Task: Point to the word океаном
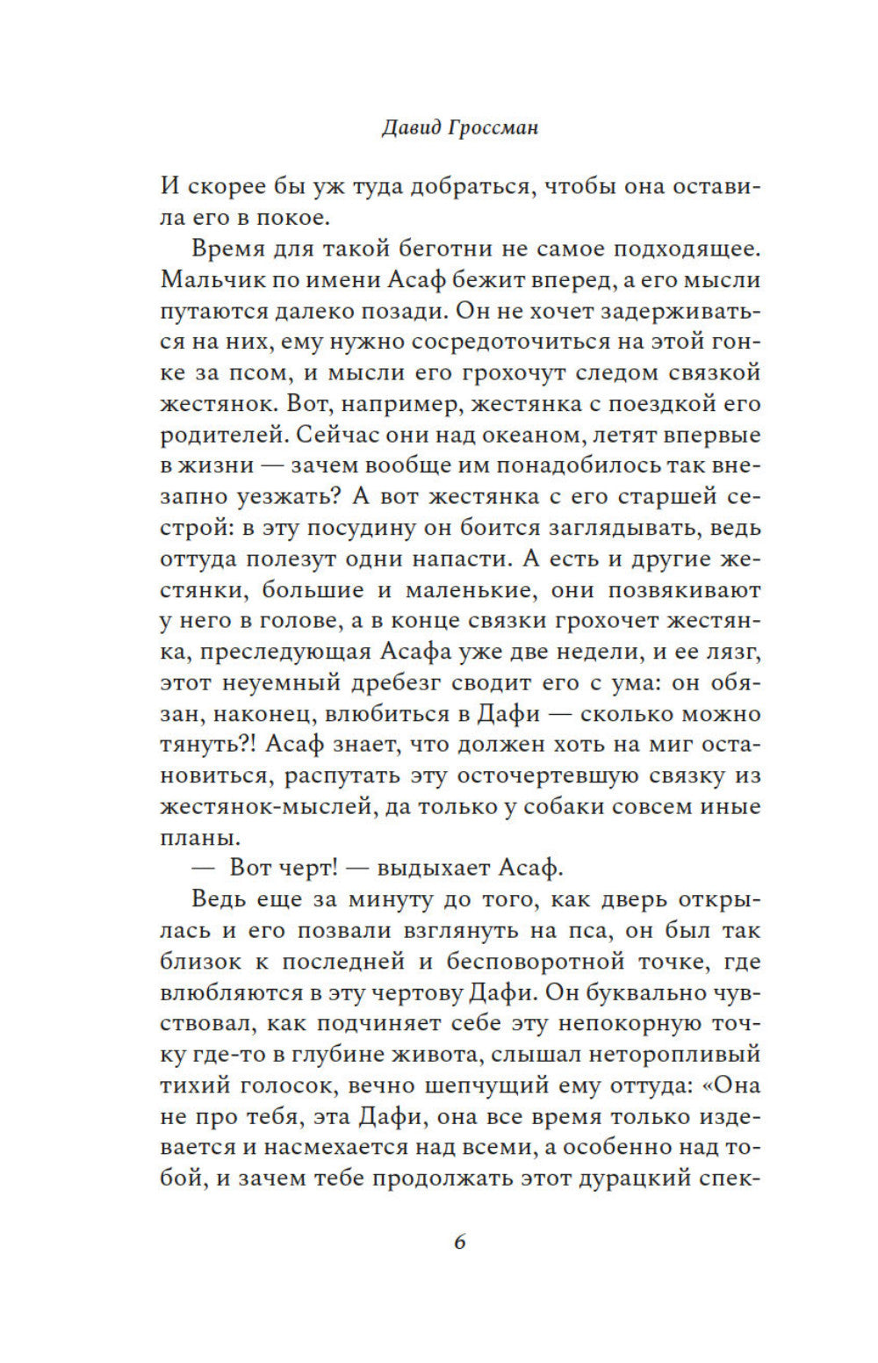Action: pos(533,435)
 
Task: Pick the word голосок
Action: pos(291,1085)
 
